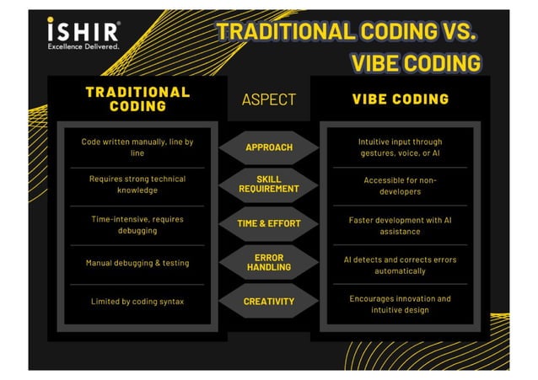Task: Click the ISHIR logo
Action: [83, 29]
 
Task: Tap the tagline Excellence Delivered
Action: [83, 46]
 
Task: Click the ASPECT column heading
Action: [269, 99]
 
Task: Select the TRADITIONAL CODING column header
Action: [137, 99]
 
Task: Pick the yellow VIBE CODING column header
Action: [400, 99]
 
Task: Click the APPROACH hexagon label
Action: [269, 147]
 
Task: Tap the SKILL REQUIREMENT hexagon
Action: [269, 185]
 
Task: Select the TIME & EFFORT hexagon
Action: [269, 223]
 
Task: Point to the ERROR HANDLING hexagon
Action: [269, 262]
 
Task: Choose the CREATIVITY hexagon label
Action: [269, 301]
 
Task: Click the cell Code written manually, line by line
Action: [137, 147]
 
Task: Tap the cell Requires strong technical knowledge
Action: [137, 185]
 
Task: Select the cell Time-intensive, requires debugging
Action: [137, 224]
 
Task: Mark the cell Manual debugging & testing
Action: [137, 263]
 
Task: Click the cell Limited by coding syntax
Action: [137, 301]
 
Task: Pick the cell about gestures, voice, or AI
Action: [400, 147]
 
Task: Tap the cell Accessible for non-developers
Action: [400, 185]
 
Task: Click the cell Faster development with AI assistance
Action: [400, 224]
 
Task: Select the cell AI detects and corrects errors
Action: [400, 265]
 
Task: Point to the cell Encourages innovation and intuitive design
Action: [400, 304]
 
